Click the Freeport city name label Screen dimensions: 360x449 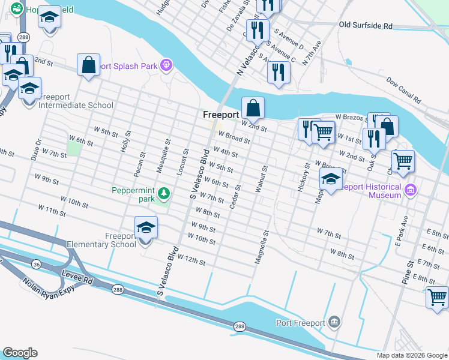(x=221, y=115)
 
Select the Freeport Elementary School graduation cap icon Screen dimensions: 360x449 (x=146, y=229)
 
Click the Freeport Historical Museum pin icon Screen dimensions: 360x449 (x=411, y=191)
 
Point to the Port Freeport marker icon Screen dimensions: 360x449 (x=334, y=323)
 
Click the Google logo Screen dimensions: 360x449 (x=19, y=353)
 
